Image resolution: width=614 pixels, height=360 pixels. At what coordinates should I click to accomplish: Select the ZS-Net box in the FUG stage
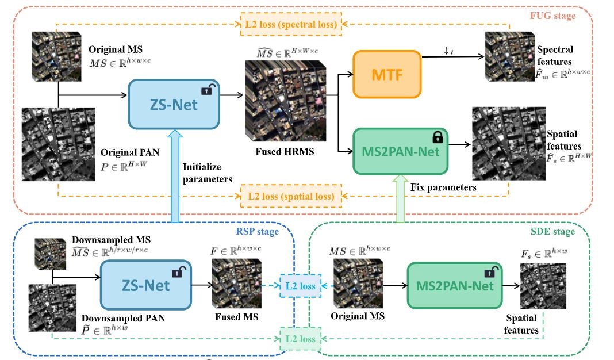pyautogui.click(x=174, y=104)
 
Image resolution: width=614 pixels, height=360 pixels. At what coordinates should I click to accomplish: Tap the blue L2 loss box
pyautogui.click(x=300, y=286)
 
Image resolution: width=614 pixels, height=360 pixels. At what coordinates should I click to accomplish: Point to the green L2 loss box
pyautogui.click(x=298, y=339)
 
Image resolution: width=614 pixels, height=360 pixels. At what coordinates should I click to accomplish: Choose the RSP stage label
pyautogui.click(x=257, y=232)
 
